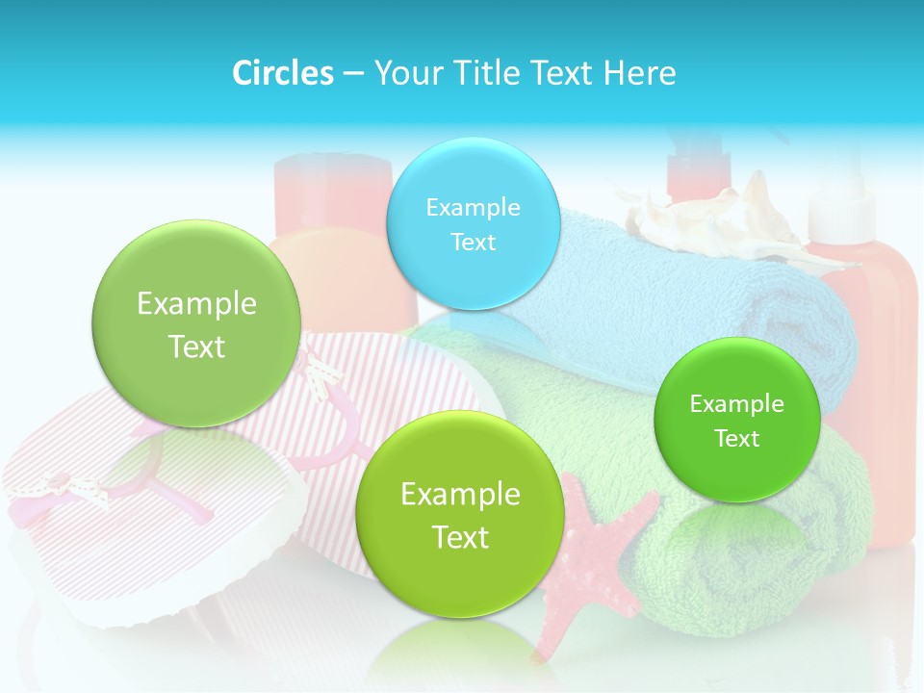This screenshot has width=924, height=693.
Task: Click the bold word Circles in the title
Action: pyautogui.click(x=283, y=73)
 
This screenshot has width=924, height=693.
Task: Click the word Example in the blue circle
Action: pyautogui.click(x=473, y=207)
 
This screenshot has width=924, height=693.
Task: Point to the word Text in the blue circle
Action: pyautogui.click(x=473, y=242)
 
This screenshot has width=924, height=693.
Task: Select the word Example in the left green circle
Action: pyautogui.click(x=196, y=304)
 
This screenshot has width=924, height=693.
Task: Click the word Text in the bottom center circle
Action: pyautogui.click(x=460, y=537)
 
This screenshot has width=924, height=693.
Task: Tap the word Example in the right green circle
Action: pyautogui.click(x=737, y=404)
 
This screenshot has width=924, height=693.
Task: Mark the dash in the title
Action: pyautogui.click(x=352, y=73)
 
